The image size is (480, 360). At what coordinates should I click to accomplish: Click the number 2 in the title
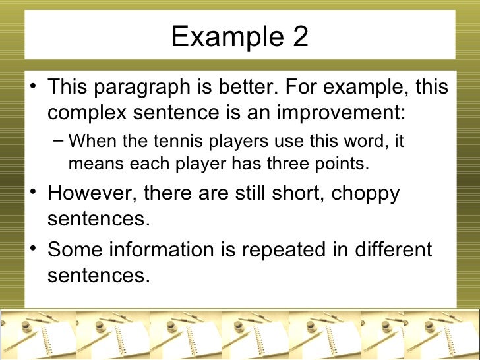tap(299, 37)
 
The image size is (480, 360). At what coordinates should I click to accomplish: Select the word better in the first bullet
tap(240, 87)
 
